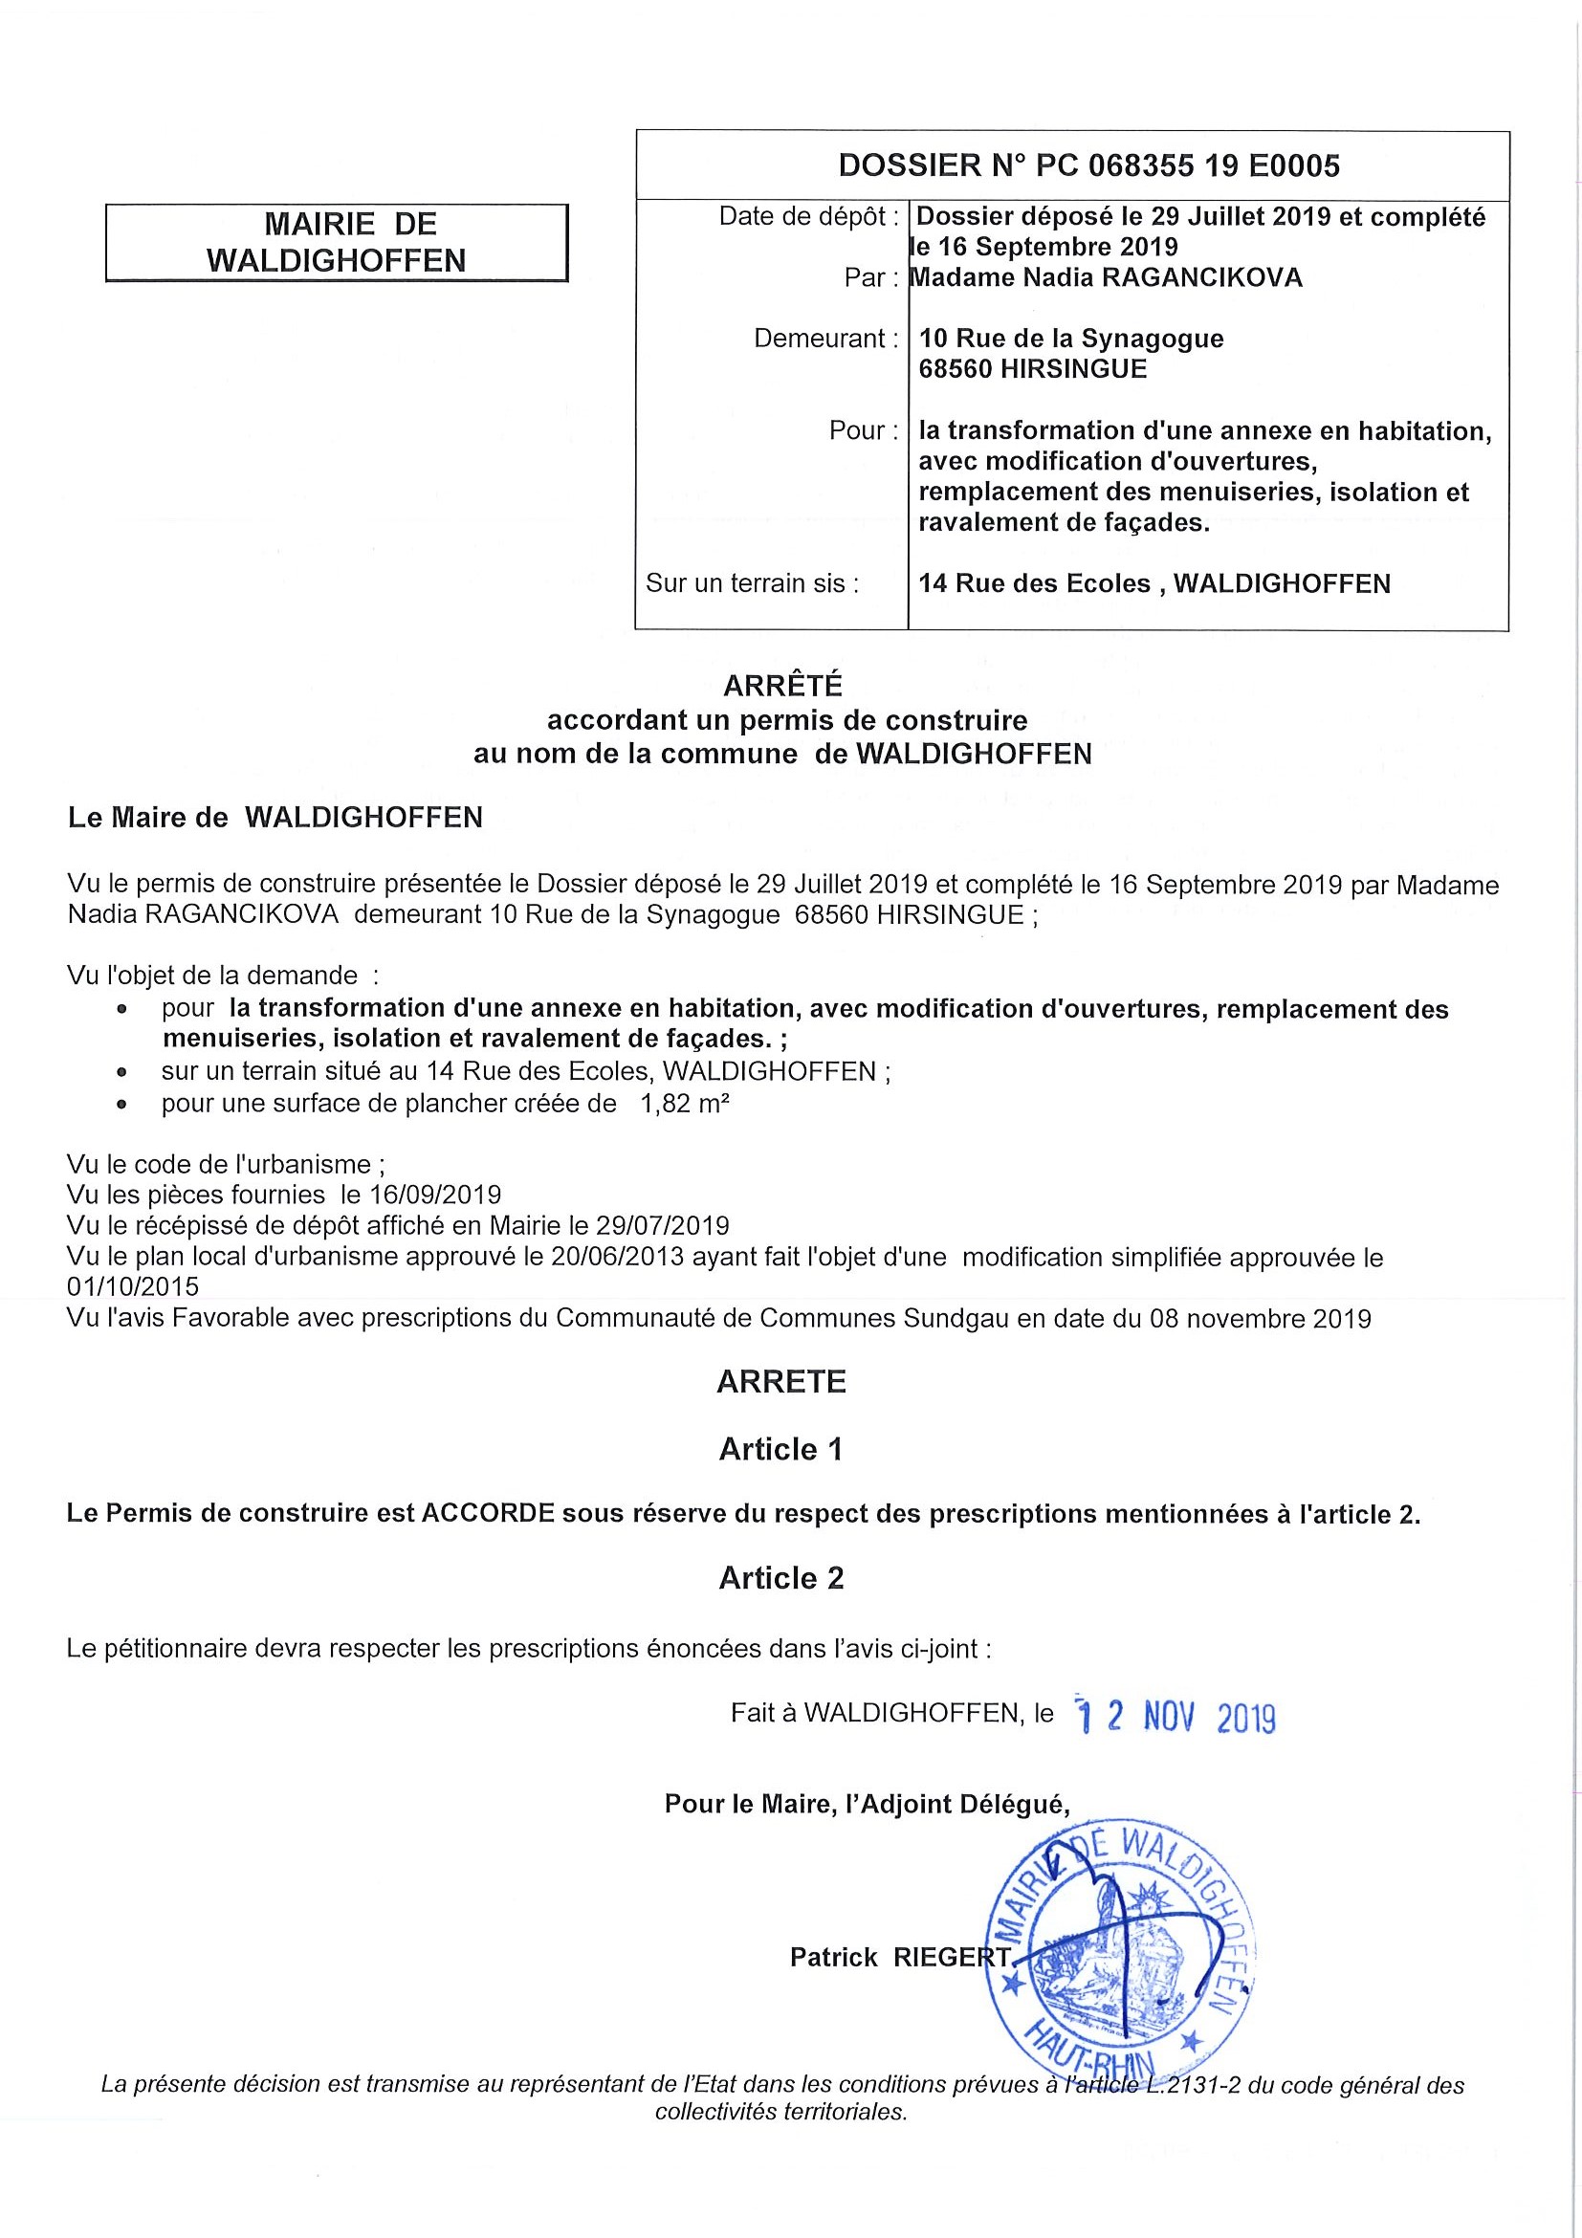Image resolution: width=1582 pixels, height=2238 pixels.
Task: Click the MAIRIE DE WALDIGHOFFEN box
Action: (x=337, y=243)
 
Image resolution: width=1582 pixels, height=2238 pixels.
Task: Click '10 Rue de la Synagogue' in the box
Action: (x=1070, y=339)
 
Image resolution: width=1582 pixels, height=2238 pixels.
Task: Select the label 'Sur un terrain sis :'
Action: (x=752, y=582)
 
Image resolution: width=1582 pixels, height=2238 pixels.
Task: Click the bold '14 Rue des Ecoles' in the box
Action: (x=1034, y=583)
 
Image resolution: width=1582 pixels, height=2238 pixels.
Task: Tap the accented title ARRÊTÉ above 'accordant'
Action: (x=781, y=686)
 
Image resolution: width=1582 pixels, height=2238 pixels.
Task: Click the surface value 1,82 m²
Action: (x=685, y=1104)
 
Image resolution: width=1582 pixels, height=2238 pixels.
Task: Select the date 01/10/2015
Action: (x=133, y=1286)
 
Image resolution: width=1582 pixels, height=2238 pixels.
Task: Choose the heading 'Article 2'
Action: (x=780, y=1578)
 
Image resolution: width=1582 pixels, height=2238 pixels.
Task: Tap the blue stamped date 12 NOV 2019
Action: (x=1174, y=1715)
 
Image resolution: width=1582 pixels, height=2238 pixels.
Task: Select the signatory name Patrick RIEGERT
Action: (x=900, y=1956)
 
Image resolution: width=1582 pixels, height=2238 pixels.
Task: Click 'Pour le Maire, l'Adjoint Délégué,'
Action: (x=867, y=1804)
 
